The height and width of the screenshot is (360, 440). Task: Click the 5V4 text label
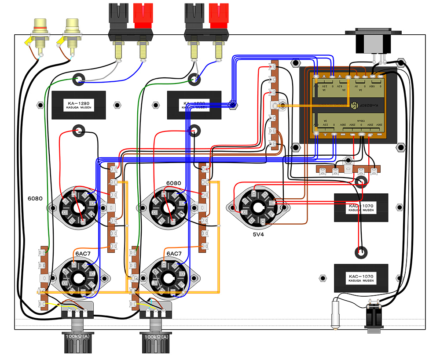point(258,234)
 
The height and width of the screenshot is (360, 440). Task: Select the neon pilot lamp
point(335,314)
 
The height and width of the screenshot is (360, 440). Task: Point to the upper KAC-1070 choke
point(361,207)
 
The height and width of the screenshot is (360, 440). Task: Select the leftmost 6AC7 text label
point(82,254)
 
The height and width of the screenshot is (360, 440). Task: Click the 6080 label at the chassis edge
point(35,198)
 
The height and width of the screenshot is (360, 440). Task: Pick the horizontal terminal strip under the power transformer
point(349,169)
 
